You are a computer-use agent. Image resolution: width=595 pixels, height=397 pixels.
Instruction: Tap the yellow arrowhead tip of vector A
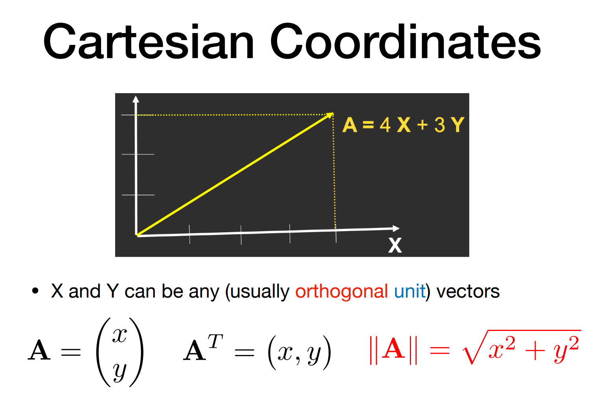pos(333,113)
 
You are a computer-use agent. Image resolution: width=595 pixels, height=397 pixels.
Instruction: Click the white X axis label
pos(395,245)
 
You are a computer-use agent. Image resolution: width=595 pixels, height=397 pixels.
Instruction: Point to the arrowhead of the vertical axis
pos(136,99)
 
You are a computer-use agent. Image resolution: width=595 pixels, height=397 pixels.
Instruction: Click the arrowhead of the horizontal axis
pos(396,228)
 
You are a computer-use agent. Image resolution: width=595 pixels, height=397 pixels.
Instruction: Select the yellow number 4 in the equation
pos(385,125)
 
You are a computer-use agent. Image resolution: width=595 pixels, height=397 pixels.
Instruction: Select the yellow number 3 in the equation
pos(440,125)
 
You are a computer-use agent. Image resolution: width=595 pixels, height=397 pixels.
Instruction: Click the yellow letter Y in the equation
pos(458,125)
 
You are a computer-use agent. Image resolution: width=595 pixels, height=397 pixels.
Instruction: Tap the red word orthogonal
pos(342,292)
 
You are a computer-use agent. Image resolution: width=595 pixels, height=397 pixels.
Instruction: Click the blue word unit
pos(410,291)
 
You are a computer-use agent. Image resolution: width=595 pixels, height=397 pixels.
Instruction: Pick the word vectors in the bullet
pos(468,292)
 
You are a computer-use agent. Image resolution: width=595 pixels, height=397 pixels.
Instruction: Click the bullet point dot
pos(35,291)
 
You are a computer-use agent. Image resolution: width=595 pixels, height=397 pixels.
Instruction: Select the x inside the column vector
pos(119,336)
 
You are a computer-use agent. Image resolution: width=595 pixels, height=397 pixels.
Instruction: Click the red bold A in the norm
pos(393,349)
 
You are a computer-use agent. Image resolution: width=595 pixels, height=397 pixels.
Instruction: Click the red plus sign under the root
pos(535,351)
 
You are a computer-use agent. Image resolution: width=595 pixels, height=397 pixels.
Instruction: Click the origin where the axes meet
pos(136,235)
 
